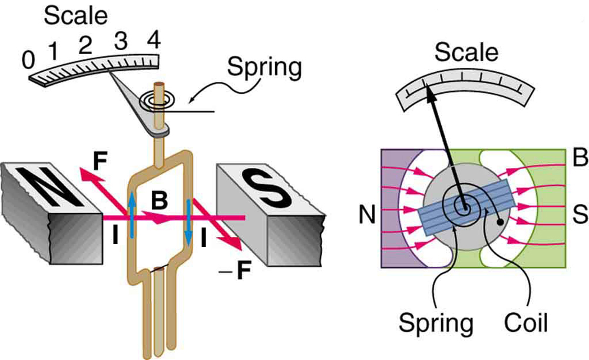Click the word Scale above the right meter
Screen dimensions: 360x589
(466, 52)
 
